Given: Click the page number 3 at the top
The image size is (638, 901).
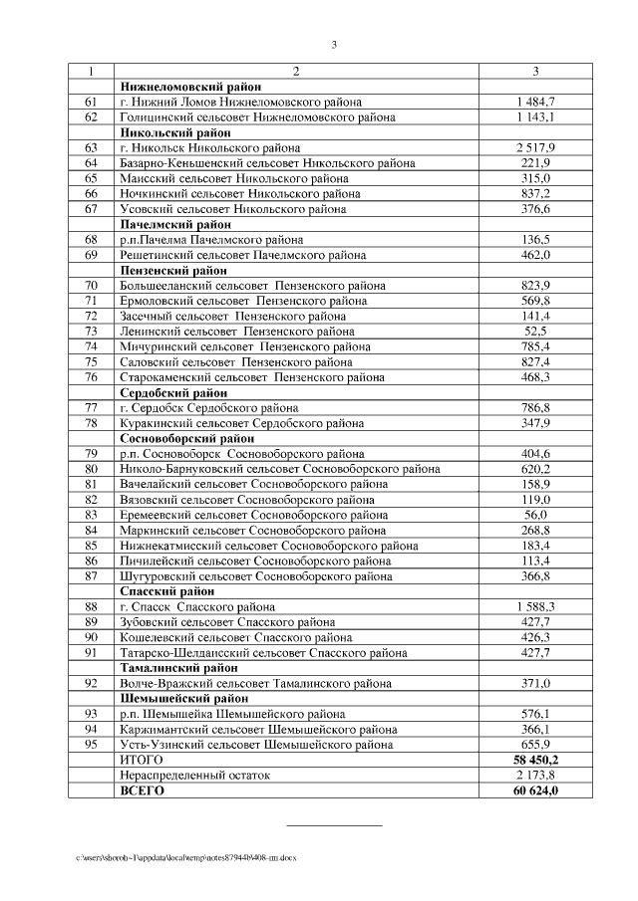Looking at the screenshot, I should click(x=335, y=44).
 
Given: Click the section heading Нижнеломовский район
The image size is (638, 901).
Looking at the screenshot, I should click(x=177, y=88).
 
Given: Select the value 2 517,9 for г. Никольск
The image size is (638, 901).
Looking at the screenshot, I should click(x=535, y=147).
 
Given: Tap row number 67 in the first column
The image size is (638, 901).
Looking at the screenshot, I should click(x=91, y=209).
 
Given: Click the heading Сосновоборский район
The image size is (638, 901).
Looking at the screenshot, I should click(x=186, y=438).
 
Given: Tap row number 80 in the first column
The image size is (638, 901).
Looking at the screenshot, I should click(x=91, y=469).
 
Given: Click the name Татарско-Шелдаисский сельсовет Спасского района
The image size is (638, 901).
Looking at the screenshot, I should click(x=262, y=653).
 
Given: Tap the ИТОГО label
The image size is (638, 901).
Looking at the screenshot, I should click(x=141, y=760).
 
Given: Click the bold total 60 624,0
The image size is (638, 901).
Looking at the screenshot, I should click(x=535, y=790).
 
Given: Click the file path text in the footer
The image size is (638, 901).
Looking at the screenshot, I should click(x=185, y=857).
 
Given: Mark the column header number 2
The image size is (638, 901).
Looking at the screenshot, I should click(x=296, y=72).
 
